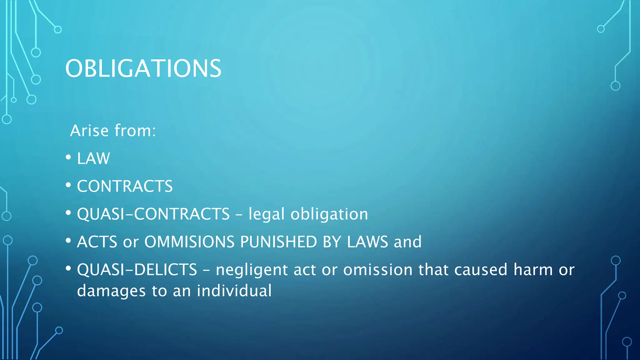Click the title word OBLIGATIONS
(143, 68)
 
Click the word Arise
(89, 131)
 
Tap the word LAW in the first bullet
(93, 158)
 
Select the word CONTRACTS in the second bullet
(125, 186)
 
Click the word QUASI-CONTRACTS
(153, 214)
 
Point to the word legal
(267, 214)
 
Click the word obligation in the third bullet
(329, 214)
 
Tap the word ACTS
(97, 242)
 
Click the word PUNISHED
(278, 242)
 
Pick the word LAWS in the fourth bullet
(367, 242)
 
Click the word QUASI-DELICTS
(137, 270)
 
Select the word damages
(111, 291)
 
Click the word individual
(234, 291)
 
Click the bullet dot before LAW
(68, 157)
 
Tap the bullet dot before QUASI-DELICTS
(68, 268)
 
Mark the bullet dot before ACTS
(68, 241)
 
